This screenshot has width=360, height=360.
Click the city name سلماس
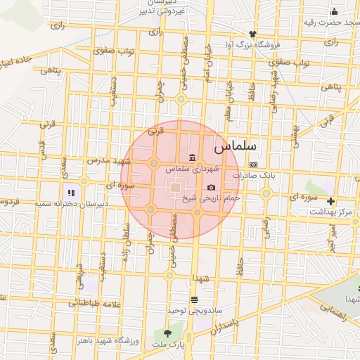pyautogui.click(x=235, y=148)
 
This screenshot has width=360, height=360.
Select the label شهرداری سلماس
pyautogui.click(x=192, y=169)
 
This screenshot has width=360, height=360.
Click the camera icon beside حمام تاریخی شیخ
pyautogui.click(x=212, y=188)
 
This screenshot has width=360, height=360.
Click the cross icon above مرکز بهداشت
pyautogui.click(x=331, y=201)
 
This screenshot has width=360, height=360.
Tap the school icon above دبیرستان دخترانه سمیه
pyautogui.click(x=70, y=192)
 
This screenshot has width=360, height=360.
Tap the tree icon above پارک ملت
pyautogui.click(x=167, y=333)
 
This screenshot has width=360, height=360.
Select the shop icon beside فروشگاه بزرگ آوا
pyautogui.click(x=252, y=34)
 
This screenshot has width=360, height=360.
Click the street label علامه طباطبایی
pyautogui.click(x=89, y=304)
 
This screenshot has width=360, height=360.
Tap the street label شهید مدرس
pyautogui.click(x=104, y=161)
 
